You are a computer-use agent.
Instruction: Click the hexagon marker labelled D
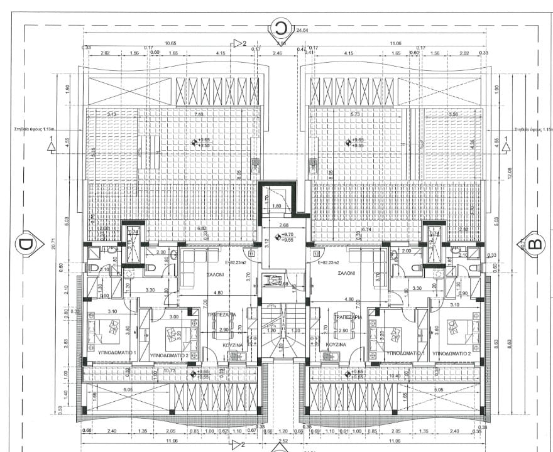[x=25, y=244]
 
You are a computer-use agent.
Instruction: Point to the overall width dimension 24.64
[x=303, y=30]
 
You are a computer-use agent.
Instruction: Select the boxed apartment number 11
[x=252, y=254]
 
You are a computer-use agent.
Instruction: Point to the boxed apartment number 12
[x=316, y=254]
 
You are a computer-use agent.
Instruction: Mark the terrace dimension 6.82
[x=202, y=229]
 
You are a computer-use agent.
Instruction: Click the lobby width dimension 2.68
[x=283, y=225]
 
